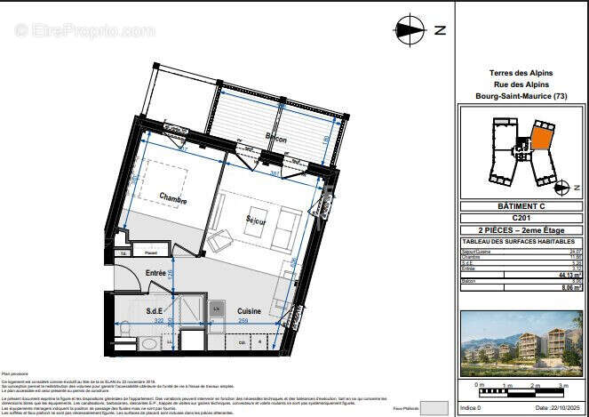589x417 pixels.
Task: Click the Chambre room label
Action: (x=172, y=200)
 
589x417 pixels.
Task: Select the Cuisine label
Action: (x=248, y=310)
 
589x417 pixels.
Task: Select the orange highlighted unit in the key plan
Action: (x=540, y=139)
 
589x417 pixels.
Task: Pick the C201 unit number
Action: (x=521, y=217)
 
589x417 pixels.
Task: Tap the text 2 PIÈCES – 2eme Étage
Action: (x=521, y=229)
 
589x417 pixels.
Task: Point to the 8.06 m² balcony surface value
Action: (x=569, y=288)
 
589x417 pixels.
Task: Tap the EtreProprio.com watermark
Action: (x=79, y=30)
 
